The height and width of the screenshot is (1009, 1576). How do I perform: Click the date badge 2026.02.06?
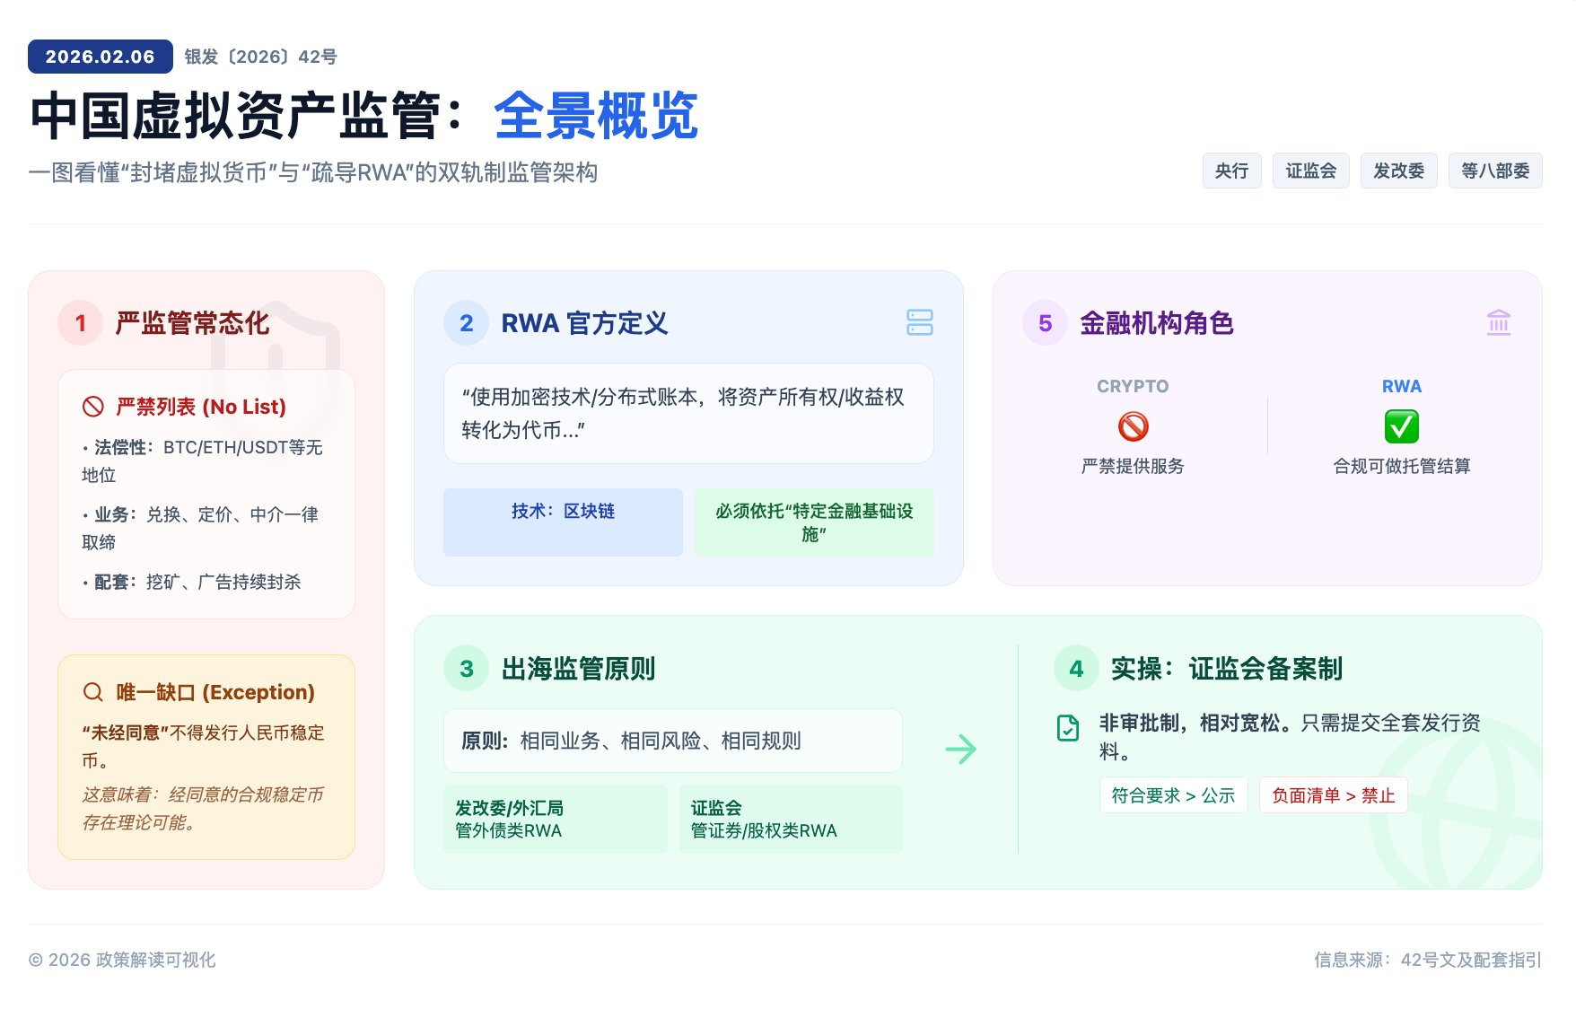[x=101, y=57]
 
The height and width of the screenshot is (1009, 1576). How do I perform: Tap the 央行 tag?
[x=1231, y=171]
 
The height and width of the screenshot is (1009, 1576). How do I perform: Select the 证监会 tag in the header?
[x=1310, y=171]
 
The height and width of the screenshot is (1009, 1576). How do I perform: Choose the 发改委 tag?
[x=1398, y=171]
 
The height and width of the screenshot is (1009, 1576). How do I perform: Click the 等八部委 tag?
[x=1495, y=171]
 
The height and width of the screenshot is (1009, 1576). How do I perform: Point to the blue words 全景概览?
[x=596, y=116]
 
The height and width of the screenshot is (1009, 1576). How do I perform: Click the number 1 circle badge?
[x=81, y=323]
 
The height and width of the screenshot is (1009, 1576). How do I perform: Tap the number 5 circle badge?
[x=1045, y=323]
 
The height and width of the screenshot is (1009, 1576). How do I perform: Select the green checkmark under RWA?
[x=1401, y=426]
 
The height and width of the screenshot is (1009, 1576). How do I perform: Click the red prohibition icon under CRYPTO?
[x=1133, y=426]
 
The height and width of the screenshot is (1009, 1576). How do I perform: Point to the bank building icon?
[x=1499, y=322]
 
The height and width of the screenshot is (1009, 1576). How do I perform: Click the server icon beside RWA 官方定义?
[x=920, y=322]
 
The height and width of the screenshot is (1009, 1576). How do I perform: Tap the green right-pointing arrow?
[x=960, y=749]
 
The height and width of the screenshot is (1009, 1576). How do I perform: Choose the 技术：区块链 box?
[x=563, y=522]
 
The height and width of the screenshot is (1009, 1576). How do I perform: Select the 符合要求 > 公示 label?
[x=1173, y=795]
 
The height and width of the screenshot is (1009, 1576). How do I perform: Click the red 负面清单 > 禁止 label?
[x=1333, y=795]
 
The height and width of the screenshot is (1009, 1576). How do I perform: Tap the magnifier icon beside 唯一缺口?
[x=93, y=692]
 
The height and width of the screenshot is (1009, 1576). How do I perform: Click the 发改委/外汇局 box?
[x=556, y=819]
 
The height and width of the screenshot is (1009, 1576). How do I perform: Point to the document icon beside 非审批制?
[x=1068, y=727]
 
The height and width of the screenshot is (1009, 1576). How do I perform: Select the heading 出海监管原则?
[x=578, y=669]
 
